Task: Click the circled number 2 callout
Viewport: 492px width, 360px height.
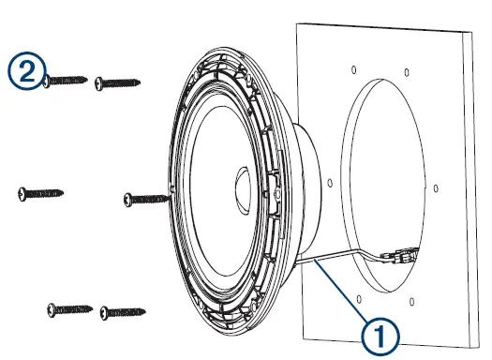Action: [25, 69]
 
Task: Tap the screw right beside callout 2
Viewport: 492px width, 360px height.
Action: [66, 81]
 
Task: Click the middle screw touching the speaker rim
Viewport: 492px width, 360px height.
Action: [148, 198]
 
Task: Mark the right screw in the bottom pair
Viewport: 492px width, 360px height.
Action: [124, 308]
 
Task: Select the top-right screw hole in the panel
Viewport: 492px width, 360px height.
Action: [410, 68]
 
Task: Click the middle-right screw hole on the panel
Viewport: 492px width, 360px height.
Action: [437, 187]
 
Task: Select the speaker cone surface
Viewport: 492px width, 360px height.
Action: [211, 216]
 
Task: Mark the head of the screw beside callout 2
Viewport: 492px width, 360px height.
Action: [48, 82]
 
